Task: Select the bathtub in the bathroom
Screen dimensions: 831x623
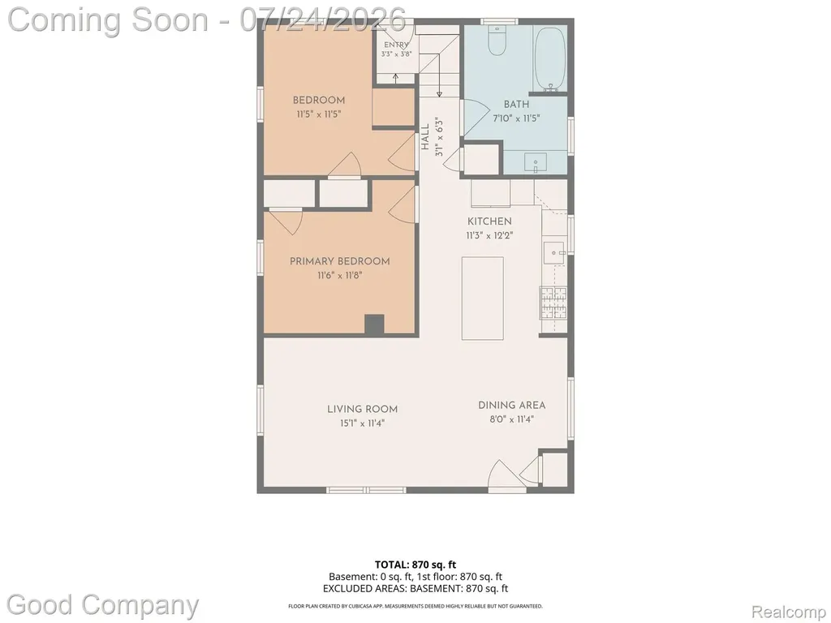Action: (x=550, y=58)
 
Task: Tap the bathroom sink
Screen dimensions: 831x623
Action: (x=536, y=162)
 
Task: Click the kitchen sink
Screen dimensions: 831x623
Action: (x=554, y=254)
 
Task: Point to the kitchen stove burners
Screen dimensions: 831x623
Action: (x=553, y=303)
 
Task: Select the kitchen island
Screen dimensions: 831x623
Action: (x=482, y=299)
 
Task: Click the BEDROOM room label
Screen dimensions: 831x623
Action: (x=319, y=100)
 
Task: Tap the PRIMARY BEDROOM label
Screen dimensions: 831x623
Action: (x=340, y=261)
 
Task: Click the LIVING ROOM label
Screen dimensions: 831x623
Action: (x=362, y=409)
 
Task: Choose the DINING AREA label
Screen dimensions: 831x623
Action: (x=511, y=406)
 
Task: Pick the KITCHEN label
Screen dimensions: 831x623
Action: (x=489, y=221)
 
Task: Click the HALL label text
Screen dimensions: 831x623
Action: (x=425, y=136)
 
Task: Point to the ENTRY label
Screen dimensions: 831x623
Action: (x=396, y=45)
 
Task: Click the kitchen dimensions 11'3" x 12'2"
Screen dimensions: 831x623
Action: (x=489, y=236)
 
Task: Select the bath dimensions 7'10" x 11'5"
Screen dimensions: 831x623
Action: (x=516, y=118)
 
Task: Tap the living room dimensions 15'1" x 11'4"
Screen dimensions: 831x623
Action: (x=362, y=423)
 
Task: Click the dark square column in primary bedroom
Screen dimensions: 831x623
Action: (x=374, y=324)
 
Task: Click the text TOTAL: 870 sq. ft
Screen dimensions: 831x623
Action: (x=415, y=565)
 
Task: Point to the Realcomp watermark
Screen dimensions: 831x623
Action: (x=788, y=612)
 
